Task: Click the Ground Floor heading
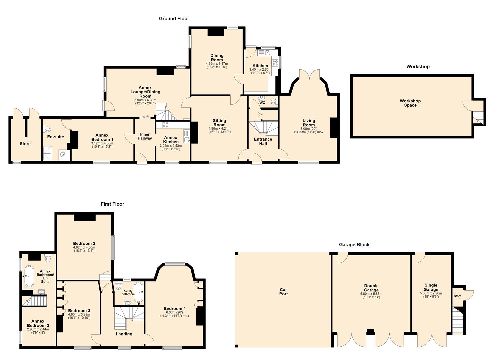point(174,19)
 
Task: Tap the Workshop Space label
point(410,103)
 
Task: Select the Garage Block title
point(354,245)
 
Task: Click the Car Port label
point(284,291)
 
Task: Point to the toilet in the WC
point(273,101)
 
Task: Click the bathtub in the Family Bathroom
point(139,292)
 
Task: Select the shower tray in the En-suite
point(47,154)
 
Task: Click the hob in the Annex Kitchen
point(166,125)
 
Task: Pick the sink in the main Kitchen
point(264,53)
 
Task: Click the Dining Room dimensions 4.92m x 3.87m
point(217,64)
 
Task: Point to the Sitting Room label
point(219,123)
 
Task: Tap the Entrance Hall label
point(263,141)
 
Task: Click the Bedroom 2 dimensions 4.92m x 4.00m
point(84,247)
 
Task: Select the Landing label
point(124,334)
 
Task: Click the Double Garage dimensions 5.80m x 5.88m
point(371,294)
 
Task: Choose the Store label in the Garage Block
point(457,296)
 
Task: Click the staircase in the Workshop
point(478,118)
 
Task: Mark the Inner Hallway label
point(145,136)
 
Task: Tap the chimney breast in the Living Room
point(334,128)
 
